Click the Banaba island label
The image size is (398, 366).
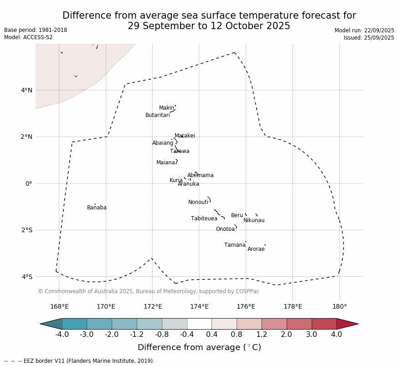[97, 208]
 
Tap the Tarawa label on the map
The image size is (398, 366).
[180, 152]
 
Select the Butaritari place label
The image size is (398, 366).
[157, 116]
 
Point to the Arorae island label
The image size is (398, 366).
[256, 249]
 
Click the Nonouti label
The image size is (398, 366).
[198, 203]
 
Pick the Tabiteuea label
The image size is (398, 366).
[204, 219]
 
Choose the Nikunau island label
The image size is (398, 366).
[253, 221]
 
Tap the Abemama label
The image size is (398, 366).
[200, 176]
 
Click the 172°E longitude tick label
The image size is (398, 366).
[153, 307]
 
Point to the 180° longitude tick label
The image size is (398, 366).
[339, 307]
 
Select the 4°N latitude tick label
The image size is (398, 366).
[27, 90]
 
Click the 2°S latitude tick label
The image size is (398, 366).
[27, 230]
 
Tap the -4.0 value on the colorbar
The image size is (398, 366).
[62, 335]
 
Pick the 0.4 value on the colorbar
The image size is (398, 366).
[212, 335]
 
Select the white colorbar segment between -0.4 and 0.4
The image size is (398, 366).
[199, 324]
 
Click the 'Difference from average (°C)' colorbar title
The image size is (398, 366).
[199, 348]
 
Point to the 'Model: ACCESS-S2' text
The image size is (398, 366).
[28, 38]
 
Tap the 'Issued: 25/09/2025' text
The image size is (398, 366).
[369, 38]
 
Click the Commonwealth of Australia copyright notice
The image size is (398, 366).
[148, 292]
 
